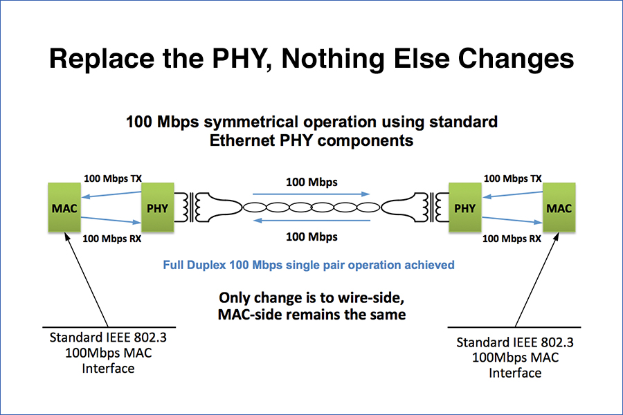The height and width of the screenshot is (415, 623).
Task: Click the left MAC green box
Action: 64,207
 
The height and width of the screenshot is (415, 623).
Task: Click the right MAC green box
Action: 559,207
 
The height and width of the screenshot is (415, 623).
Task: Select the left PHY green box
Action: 158,207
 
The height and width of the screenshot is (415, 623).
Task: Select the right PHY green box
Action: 465,207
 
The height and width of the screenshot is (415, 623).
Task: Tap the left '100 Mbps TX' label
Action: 113,178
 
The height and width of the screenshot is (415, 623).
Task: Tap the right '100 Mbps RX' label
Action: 512,239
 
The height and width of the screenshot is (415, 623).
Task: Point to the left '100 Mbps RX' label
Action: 112,239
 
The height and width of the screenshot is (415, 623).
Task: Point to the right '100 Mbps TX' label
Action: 512,178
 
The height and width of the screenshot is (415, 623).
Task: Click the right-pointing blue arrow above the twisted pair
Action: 311,194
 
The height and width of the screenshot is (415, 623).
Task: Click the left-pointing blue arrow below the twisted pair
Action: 312,221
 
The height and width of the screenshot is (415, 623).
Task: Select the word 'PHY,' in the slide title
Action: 242,59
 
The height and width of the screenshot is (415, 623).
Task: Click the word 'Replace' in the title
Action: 102,59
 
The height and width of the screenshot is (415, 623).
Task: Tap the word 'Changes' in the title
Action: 516,59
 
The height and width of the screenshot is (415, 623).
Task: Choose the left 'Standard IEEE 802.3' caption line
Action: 108,338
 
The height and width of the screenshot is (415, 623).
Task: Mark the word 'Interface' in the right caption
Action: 515,373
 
